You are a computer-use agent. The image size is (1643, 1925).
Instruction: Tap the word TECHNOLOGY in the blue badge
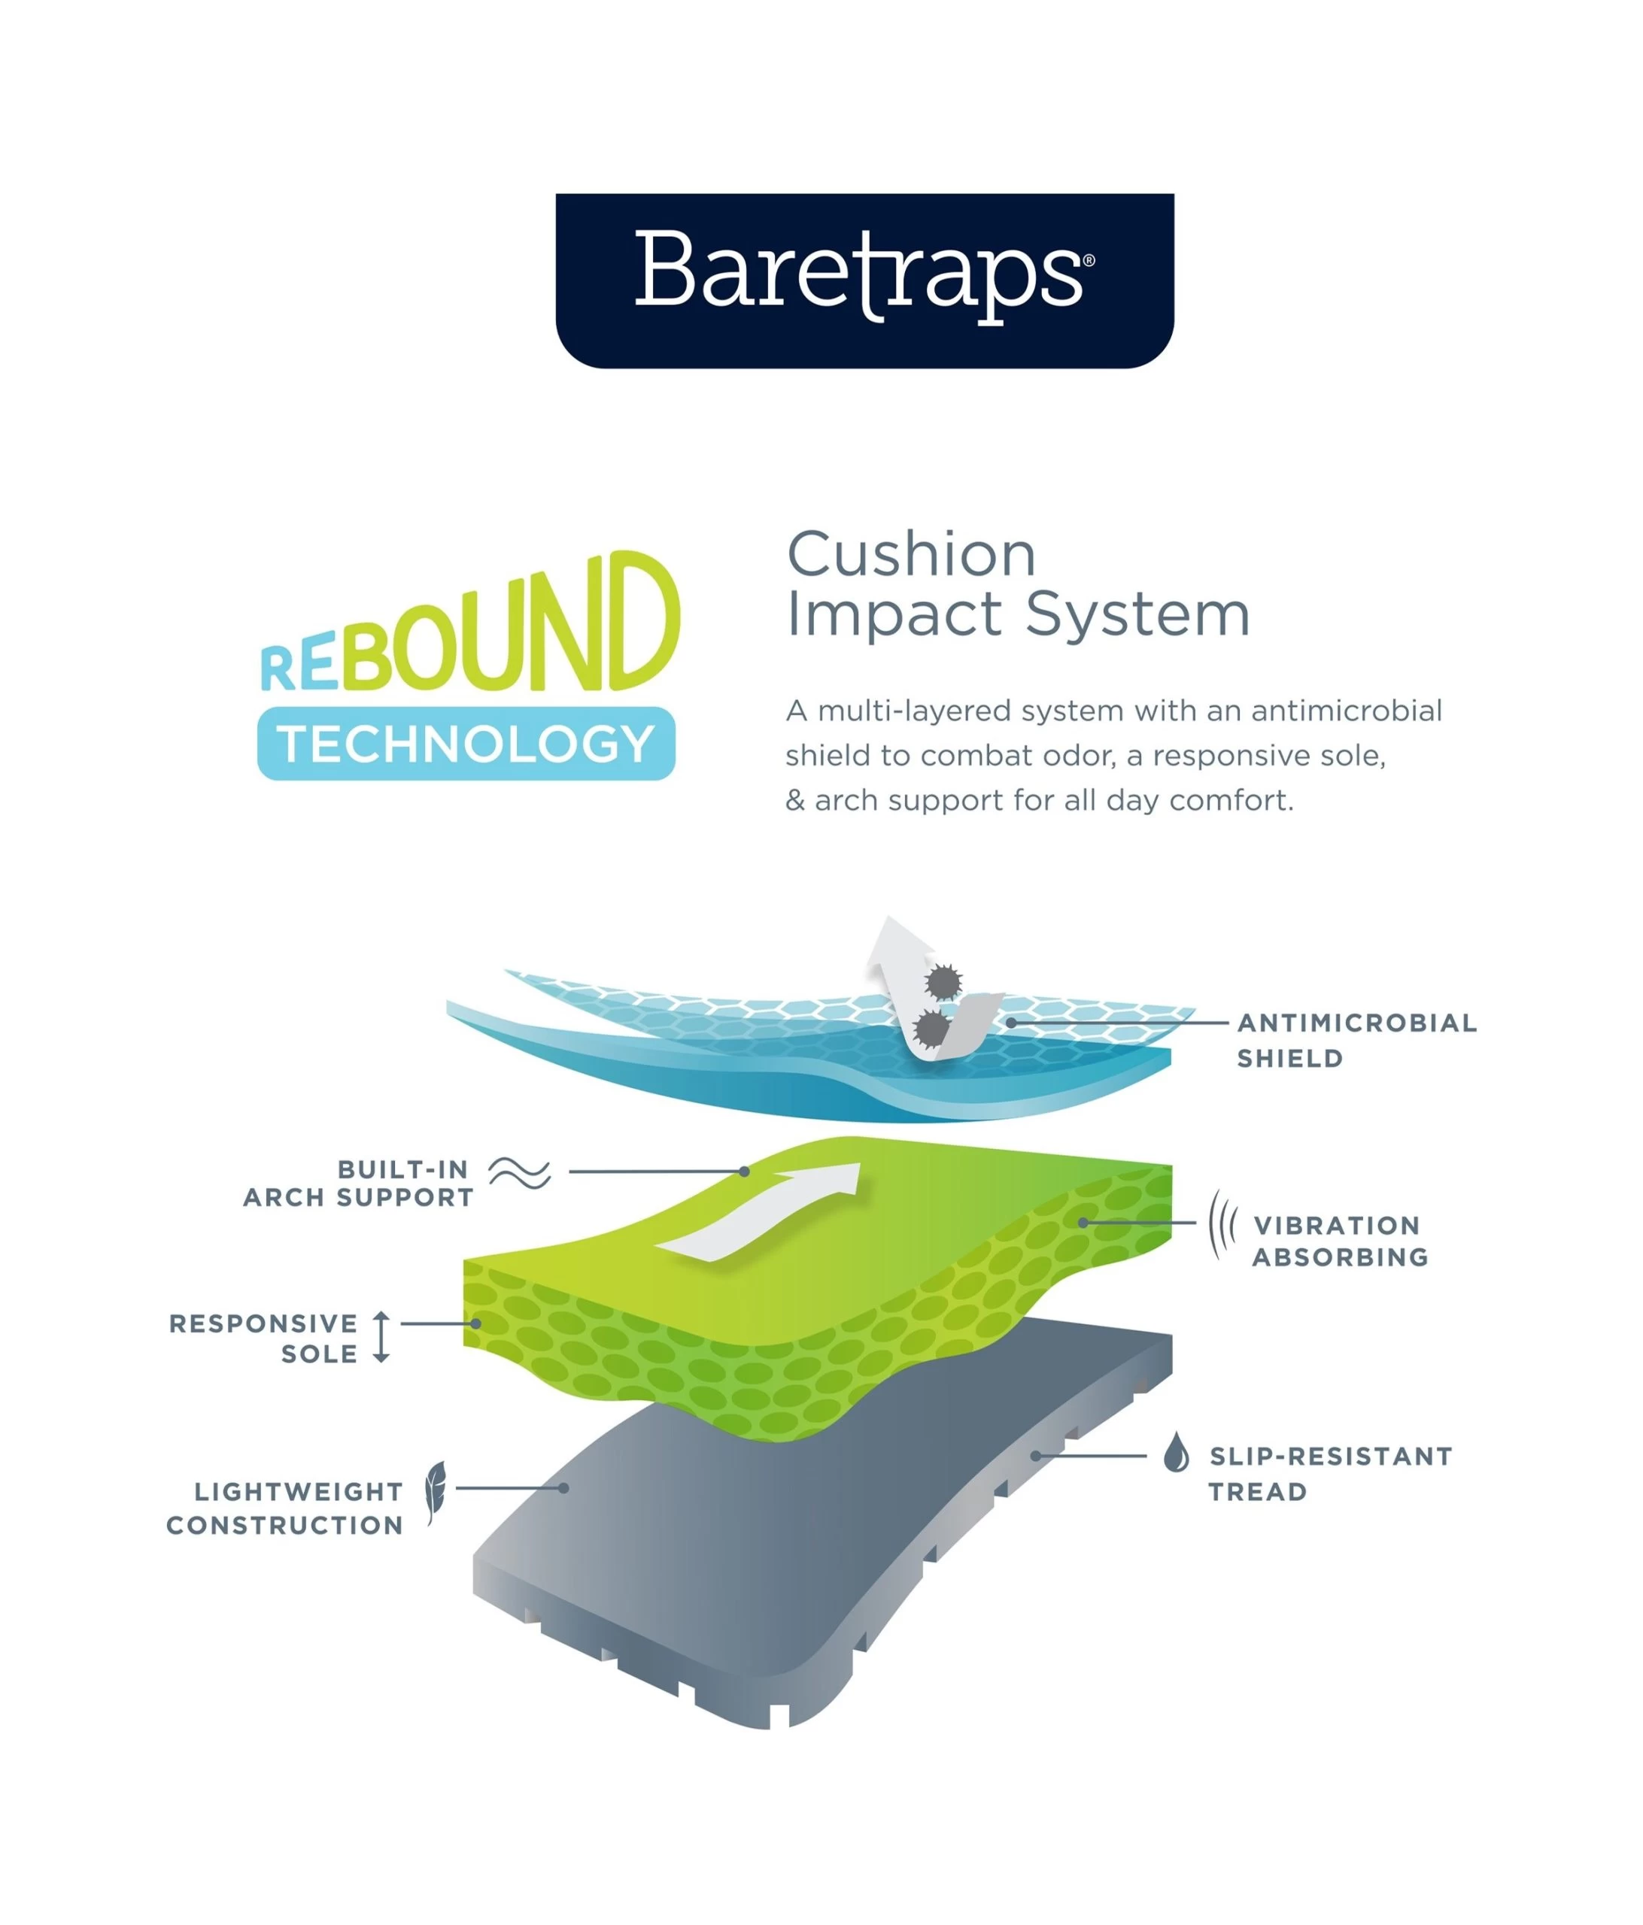pos(466,744)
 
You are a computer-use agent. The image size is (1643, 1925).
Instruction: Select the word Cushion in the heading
pos(911,555)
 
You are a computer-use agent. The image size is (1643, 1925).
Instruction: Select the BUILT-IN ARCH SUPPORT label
pos(359,1183)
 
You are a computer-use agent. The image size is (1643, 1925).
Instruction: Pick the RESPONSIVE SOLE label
pos(265,1338)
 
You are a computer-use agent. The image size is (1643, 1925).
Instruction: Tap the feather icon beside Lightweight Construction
pos(435,1491)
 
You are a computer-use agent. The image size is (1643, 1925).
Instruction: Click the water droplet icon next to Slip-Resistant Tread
pos(1176,1452)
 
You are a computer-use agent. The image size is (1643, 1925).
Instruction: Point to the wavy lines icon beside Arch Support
pos(520,1173)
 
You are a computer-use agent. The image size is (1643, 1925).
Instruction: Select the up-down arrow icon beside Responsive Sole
pos(381,1337)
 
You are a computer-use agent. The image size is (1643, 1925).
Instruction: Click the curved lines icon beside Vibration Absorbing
pos(1221,1224)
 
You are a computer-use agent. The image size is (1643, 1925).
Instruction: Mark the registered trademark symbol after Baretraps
pos(1089,261)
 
